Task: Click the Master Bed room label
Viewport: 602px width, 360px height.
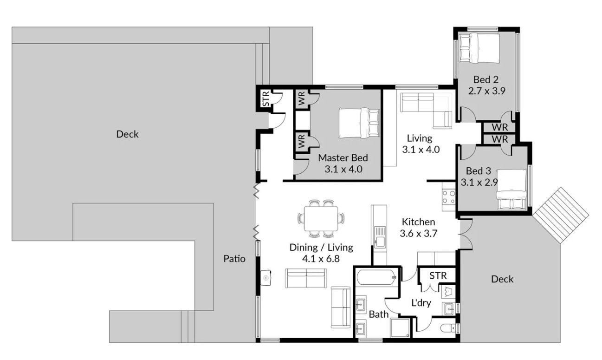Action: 343,157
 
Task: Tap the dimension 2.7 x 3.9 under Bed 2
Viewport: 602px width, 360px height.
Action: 487,91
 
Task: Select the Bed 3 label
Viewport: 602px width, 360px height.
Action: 479,171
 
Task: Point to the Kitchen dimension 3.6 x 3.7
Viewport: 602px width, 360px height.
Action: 419,233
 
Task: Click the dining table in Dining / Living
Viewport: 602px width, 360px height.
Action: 321,218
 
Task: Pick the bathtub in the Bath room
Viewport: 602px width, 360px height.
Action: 376,277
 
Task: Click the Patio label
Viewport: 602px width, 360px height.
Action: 234,259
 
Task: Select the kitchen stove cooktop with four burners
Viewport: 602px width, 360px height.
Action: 448,197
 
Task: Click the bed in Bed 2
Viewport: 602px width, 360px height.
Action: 479,48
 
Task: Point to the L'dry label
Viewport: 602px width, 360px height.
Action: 421,303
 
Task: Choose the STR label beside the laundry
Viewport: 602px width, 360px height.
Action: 438,275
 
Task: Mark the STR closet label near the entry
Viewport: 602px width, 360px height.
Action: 265,99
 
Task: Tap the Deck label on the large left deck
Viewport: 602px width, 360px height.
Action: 127,134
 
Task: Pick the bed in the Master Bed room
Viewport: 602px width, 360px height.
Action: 359,123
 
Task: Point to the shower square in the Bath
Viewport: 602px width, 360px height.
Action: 400,328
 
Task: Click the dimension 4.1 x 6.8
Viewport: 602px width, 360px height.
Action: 321,259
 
